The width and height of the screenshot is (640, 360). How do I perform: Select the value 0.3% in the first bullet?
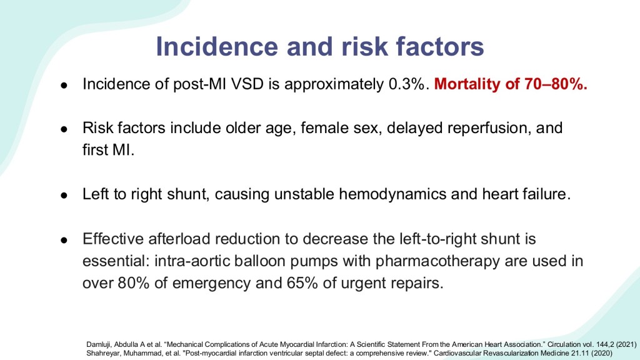pos(409,84)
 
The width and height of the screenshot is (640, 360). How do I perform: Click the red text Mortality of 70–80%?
pos(511,84)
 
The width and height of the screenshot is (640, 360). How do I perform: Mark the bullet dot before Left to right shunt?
pos(64,195)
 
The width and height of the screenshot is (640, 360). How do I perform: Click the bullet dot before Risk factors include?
pos(64,129)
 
